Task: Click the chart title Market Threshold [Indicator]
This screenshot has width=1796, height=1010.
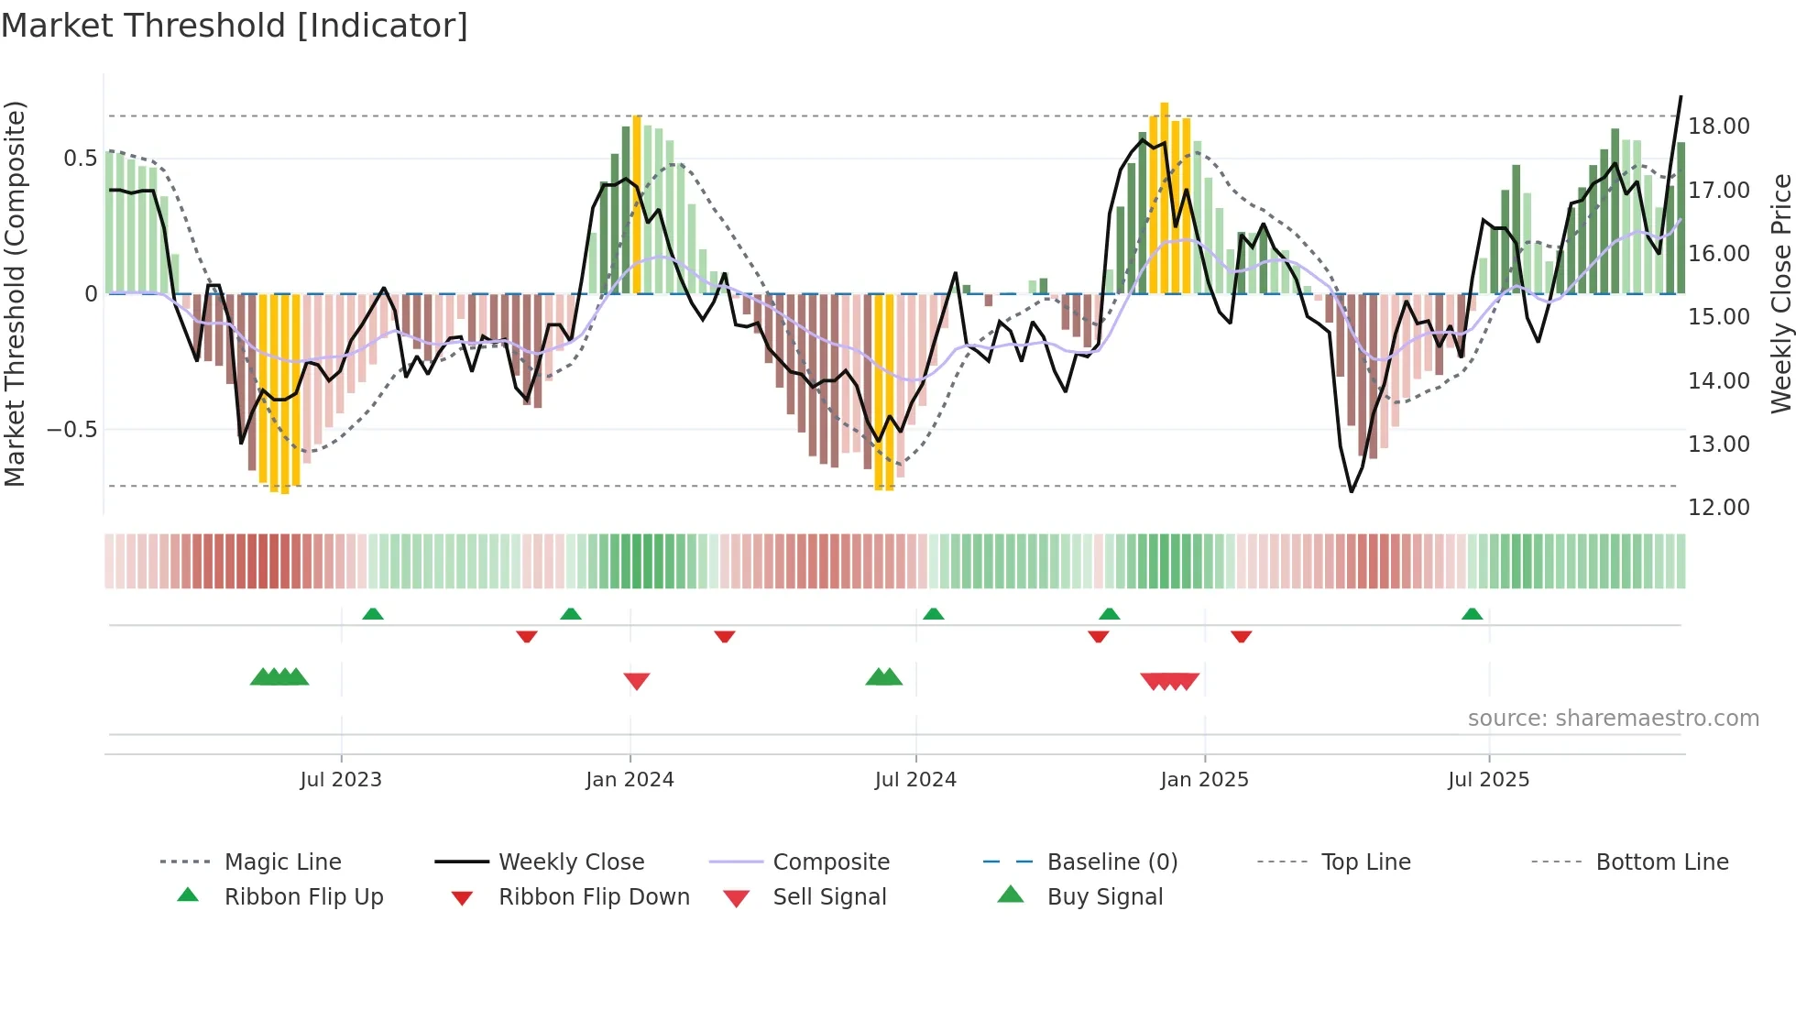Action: click(235, 26)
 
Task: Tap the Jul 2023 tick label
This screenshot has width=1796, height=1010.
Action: click(341, 780)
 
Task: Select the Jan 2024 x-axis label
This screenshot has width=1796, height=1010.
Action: click(630, 780)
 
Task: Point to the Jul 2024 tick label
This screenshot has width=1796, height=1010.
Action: click(915, 780)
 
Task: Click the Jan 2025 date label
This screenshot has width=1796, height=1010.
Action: click(1204, 780)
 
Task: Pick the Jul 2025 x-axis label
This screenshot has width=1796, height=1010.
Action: click(1489, 780)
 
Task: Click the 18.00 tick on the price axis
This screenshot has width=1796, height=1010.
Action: click(1718, 126)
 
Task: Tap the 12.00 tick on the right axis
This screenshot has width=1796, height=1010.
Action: click(1718, 508)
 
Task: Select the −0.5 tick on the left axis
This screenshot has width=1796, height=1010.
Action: click(72, 430)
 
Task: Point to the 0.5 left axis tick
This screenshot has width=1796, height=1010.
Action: click(80, 159)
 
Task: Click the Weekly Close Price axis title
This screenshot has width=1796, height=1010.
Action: click(1780, 293)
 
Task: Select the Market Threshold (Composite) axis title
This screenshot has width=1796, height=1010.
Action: click(15, 293)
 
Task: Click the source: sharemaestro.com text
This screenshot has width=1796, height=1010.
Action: click(1613, 719)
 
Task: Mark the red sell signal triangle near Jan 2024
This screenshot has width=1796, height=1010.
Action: click(637, 681)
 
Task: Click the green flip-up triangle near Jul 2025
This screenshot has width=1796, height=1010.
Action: click(1472, 614)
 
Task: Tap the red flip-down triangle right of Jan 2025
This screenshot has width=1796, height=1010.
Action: click(1242, 636)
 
